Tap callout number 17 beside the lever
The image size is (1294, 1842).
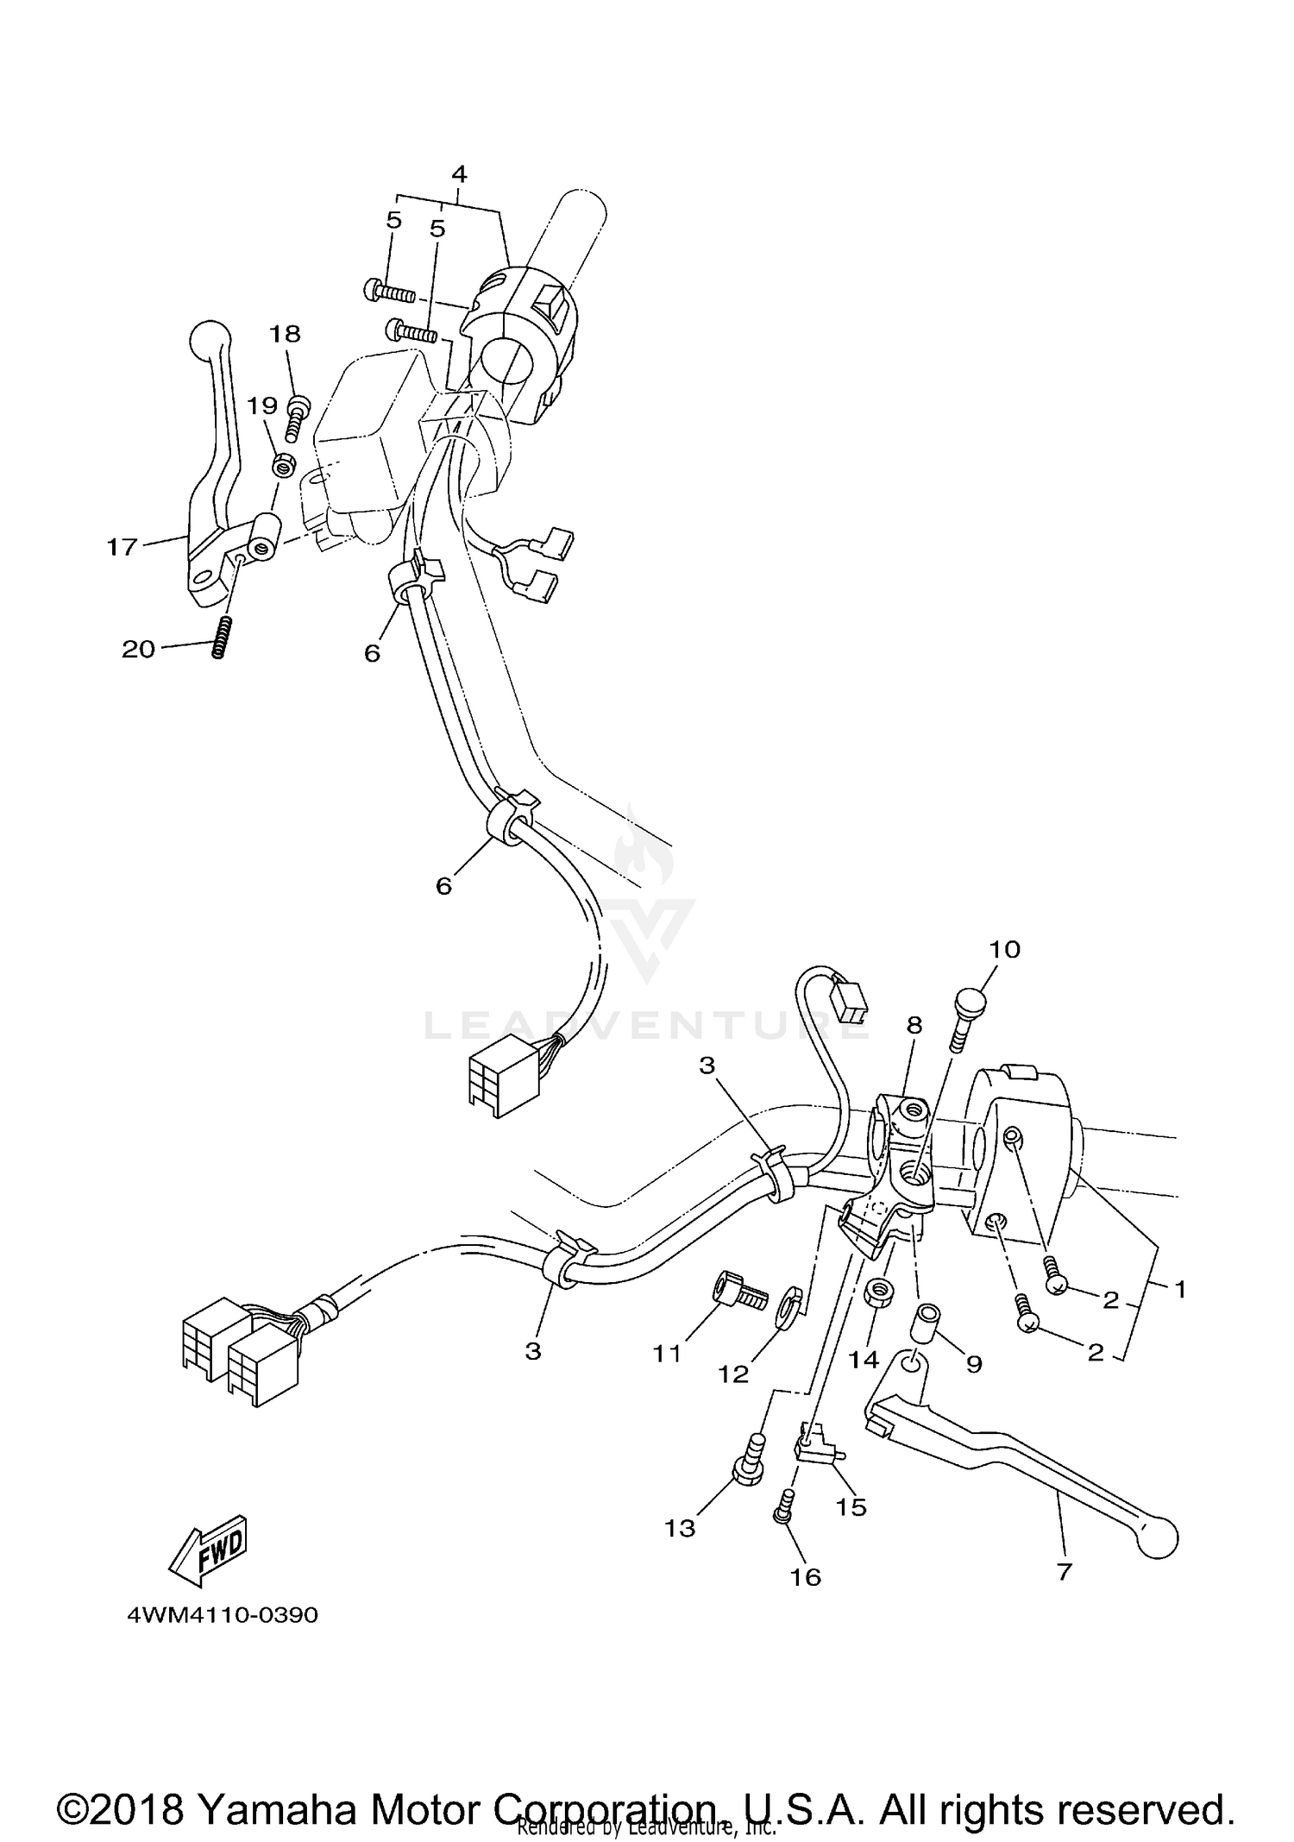click(x=122, y=546)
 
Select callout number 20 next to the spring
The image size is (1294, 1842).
click(x=138, y=649)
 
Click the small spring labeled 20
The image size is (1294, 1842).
click(x=220, y=637)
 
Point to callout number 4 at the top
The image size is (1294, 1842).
click(x=459, y=174)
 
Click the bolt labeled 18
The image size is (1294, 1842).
click(x=295, y=418)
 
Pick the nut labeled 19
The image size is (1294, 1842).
click(x=282, y=467)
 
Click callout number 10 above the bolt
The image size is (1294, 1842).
click(x=1004, y=949)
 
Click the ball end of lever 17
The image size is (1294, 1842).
click(x=210, y=335)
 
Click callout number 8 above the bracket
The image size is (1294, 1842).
click(x=914, y=1024)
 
